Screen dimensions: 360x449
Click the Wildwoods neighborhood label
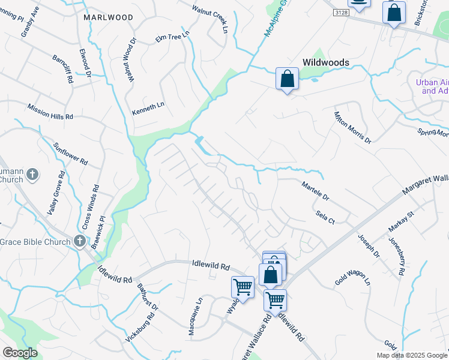coord(327,62)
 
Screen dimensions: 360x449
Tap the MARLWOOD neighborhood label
coord(109,17)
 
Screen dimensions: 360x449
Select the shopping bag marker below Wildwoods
coord(288,79)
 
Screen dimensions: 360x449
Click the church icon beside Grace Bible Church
coord(79,241)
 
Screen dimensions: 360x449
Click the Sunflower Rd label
coord(70,154)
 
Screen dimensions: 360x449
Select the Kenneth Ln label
coord(148,106)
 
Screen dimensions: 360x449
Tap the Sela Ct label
coord(324,217)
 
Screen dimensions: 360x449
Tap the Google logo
coord(20,353)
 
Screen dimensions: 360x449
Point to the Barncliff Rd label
coord(62,70)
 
